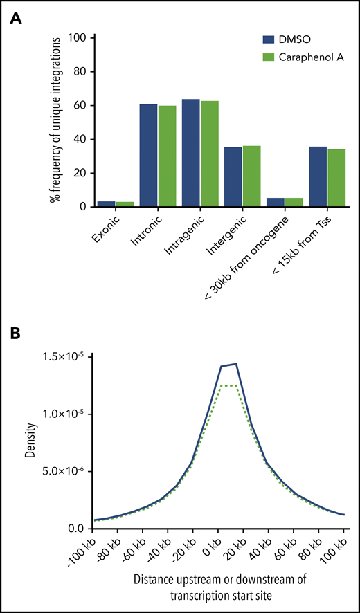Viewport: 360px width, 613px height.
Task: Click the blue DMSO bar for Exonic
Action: click(107, 203)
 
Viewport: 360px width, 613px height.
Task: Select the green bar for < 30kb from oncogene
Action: click(293, 202)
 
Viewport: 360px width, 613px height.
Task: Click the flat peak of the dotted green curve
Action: click(228, 385)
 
